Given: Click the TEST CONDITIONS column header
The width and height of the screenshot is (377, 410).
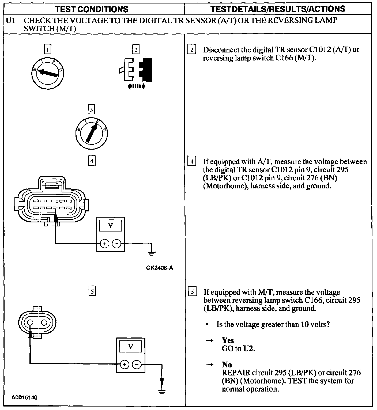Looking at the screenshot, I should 92,9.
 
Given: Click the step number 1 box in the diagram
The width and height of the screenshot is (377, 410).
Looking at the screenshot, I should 47,50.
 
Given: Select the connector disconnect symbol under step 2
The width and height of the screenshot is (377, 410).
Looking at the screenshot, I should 136,70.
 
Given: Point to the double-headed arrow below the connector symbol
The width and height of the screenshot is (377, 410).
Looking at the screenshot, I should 137,86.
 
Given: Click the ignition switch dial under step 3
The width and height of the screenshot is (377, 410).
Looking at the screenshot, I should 92,133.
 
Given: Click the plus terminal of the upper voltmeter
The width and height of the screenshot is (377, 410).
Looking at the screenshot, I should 105,244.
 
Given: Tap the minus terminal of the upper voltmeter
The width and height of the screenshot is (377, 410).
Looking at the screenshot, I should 116,244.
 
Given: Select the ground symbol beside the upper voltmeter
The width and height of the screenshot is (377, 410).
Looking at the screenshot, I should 152,253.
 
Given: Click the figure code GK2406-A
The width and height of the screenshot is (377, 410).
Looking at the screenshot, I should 160,268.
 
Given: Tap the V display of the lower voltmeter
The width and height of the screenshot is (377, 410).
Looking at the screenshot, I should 131,347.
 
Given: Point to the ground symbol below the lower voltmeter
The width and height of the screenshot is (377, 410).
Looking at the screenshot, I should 162,392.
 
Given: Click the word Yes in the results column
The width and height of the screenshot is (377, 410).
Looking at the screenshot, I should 228,340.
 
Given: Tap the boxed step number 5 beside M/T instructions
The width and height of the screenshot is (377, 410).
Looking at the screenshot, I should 192,291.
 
